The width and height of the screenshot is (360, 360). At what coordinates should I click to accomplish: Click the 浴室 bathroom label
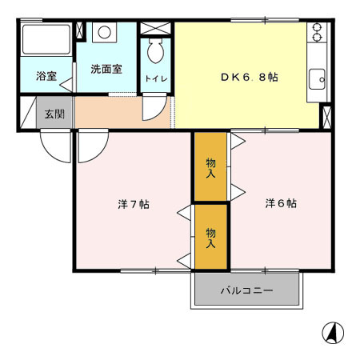46,77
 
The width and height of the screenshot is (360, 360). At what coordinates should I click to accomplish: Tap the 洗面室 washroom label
106,69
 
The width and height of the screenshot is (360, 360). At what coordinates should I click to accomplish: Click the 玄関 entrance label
54,114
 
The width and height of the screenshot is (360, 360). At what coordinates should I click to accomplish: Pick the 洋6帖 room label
281,203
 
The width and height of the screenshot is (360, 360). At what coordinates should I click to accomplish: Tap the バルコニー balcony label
247,290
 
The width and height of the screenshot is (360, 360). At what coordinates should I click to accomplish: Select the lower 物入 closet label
211,238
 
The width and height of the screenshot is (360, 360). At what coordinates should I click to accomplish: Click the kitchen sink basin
316,78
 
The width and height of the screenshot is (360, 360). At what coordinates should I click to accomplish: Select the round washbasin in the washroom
105,33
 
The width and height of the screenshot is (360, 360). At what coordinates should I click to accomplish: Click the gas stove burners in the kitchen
317,32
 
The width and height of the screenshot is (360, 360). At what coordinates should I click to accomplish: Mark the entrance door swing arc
56,144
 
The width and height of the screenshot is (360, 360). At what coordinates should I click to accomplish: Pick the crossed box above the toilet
155,28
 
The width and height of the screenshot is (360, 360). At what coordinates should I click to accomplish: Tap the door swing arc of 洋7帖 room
91,144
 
